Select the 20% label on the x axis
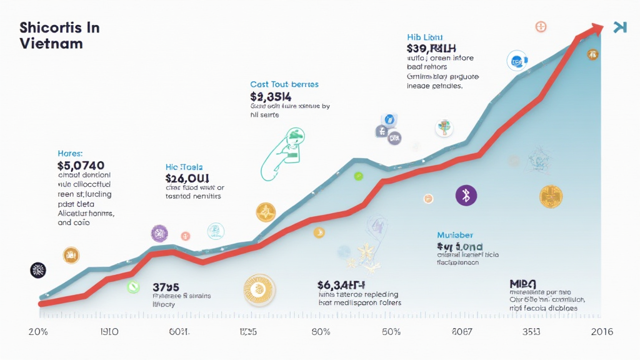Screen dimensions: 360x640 39,331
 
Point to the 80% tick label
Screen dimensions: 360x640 320,331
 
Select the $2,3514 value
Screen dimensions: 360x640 271,96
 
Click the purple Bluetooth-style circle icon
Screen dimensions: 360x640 466,195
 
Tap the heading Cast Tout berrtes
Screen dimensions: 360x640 284,84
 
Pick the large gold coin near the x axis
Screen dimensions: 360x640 259,290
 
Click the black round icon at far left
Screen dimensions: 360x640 38,270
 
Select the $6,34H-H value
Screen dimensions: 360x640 341,285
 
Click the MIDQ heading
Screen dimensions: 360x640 524,284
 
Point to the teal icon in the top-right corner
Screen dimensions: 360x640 619,27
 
